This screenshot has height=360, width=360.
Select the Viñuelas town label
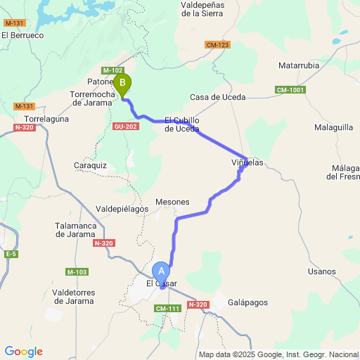tap(247, 162)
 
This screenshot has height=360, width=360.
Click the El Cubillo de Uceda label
tap(182, 124)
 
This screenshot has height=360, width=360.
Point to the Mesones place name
tap(173, 201)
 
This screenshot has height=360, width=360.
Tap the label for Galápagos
tap(248, 302)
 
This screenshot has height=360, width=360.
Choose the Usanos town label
tap(322, 271)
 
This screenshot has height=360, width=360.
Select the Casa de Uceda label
tap(214, 98)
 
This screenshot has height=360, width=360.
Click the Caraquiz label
tap(89, 165)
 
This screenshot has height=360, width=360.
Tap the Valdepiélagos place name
tap(122, 209)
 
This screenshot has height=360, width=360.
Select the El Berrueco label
tap(22, 34)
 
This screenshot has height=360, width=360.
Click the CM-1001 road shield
tap(290, 90)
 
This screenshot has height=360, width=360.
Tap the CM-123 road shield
tap(218, 45)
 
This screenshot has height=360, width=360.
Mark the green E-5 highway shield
tap(11, 253)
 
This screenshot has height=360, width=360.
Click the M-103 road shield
tap(77, 271)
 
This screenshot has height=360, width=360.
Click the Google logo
tap(23, 352)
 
